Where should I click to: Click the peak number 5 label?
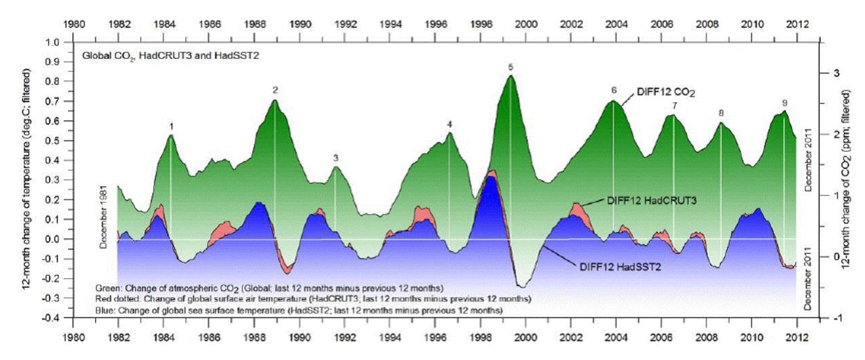coord(510,67)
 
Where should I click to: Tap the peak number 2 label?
coord(276,90)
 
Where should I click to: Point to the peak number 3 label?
coord(335,158)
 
